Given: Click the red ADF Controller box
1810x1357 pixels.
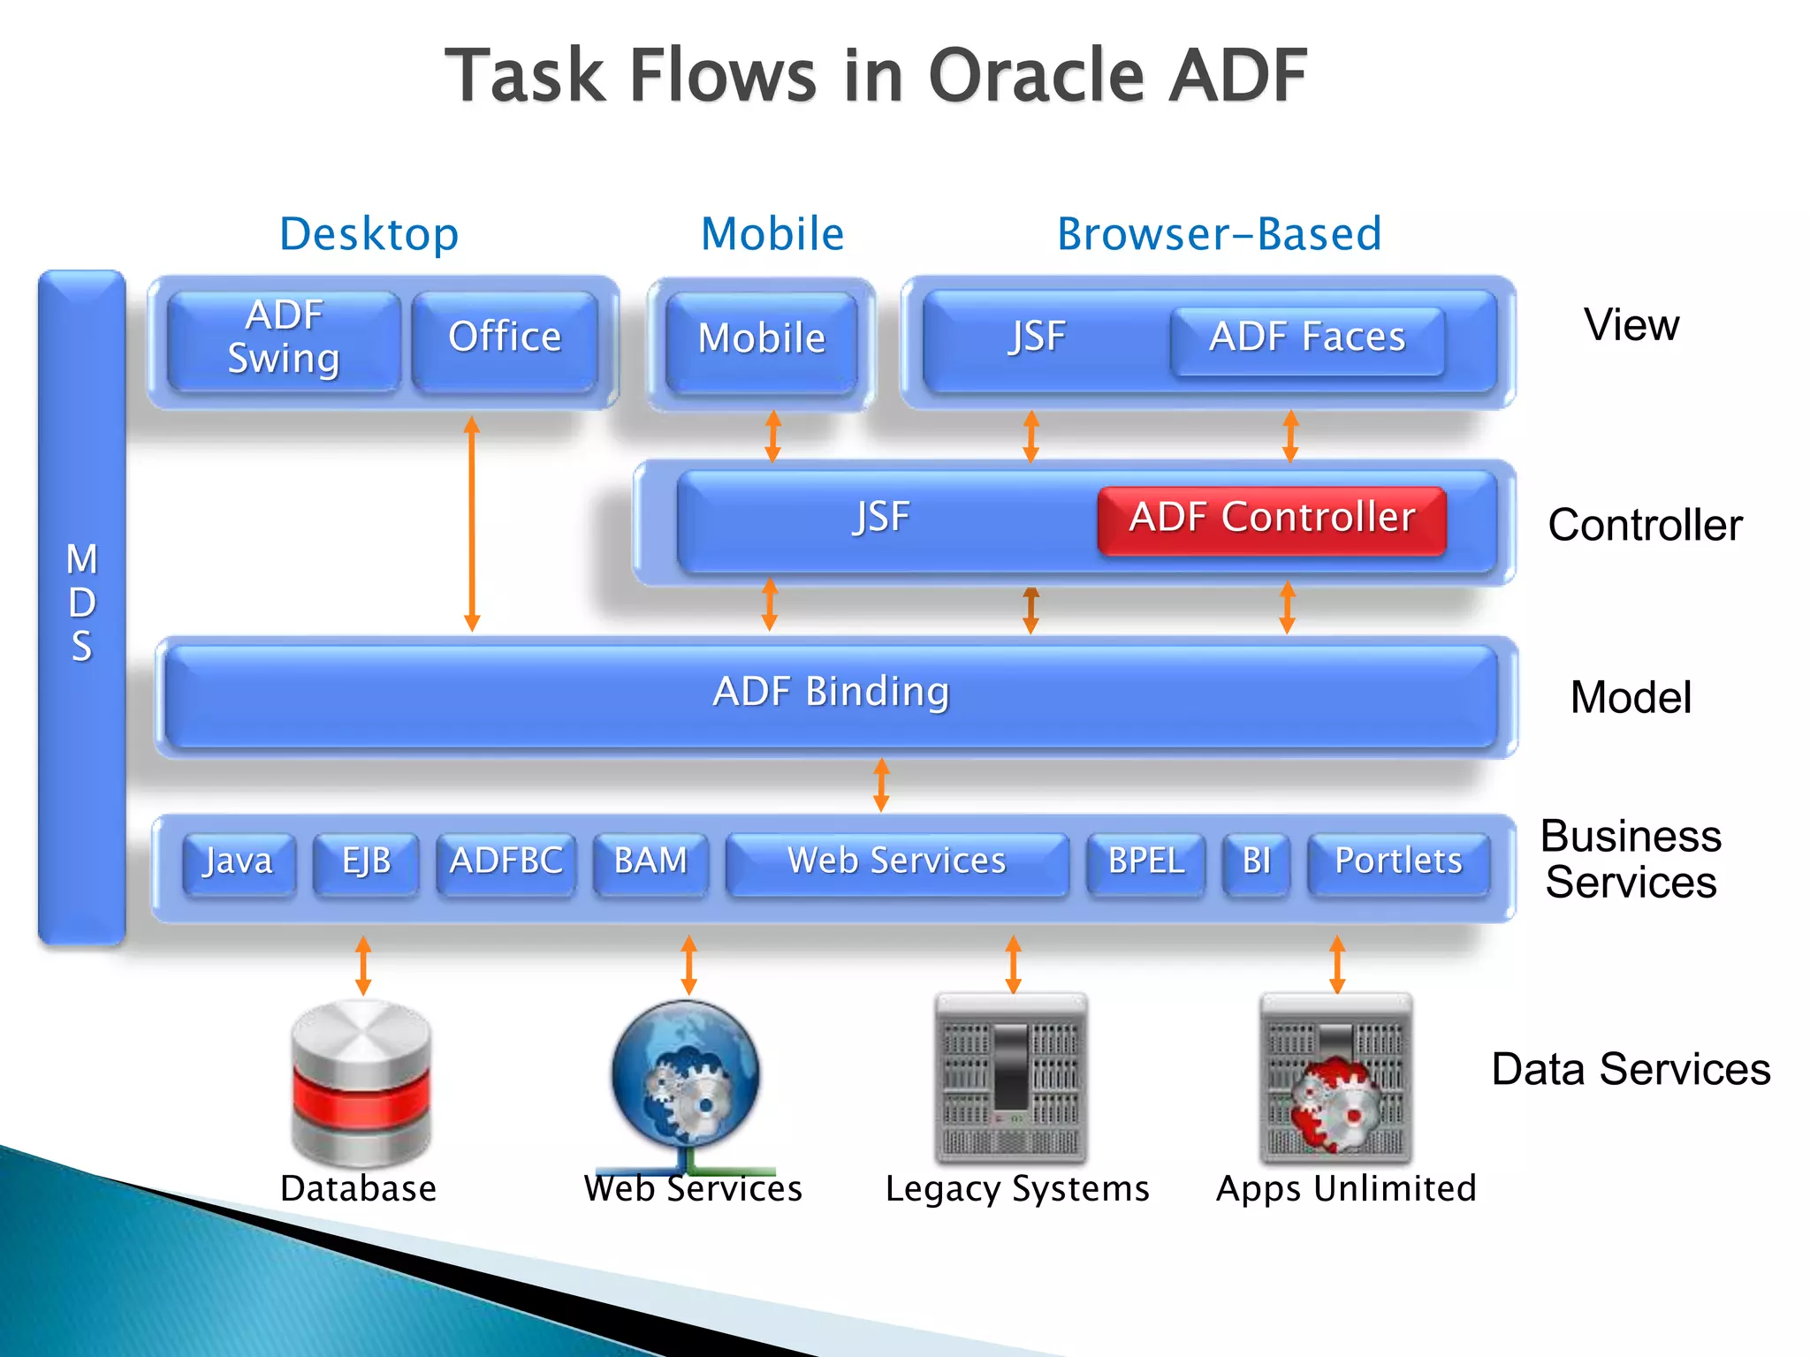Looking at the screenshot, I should [1271, 519].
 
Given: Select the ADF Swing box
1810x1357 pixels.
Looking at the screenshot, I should [284, 340].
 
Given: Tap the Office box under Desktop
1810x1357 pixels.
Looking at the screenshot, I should [505, 340].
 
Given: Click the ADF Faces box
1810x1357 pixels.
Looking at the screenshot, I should [1306, 339].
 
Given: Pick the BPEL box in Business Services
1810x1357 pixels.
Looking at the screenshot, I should [1145, 862].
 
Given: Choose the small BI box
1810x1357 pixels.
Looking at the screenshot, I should [1256, 862].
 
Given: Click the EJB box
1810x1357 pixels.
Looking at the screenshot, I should [366, 862].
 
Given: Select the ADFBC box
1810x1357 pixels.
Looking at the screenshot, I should [506, 862].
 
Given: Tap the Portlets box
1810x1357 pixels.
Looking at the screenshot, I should [1397, 862].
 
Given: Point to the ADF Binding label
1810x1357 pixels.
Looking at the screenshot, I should [831, 693].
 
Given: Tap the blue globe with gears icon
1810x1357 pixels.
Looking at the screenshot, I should [687, 1076].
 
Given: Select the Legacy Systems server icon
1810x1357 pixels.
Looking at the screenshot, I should [1011, 1078].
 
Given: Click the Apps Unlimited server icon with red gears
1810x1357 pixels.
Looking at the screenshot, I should [1335, 1080].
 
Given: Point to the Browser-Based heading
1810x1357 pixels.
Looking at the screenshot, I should [1219, 235].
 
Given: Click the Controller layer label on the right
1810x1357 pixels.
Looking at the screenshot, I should [1644, 526].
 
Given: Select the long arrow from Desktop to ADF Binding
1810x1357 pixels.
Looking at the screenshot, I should [472, 523].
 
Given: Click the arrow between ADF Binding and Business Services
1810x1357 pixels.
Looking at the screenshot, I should [881, 785].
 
